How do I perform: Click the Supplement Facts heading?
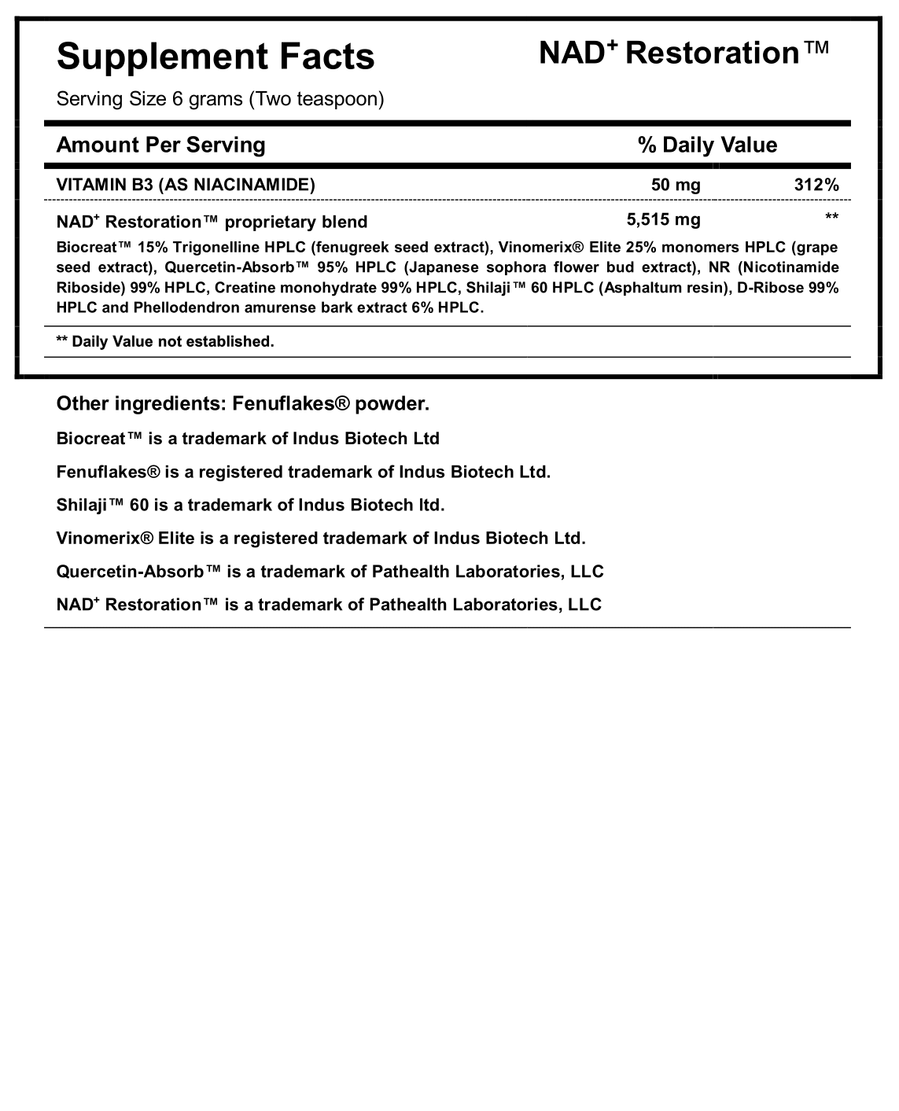click(216, 57)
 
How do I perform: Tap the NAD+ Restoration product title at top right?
click(683, 53)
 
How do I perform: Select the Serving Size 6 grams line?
click(220, 99)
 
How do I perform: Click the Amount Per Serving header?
click(161, 145)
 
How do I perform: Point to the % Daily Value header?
click(707, 145)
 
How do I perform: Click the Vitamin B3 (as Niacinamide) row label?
click(186, 185)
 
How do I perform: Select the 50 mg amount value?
click(676, 185)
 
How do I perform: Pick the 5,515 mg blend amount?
click(663, 220)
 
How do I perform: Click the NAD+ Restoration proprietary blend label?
click(212, 222)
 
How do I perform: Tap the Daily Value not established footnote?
click(165, 341)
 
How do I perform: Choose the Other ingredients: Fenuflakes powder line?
click(243, 404)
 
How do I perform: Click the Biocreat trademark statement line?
click(248, 439)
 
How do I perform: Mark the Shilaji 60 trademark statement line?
click(250, 505)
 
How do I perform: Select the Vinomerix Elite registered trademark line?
click(321, 539)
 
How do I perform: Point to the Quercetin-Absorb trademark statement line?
click(330, 572)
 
